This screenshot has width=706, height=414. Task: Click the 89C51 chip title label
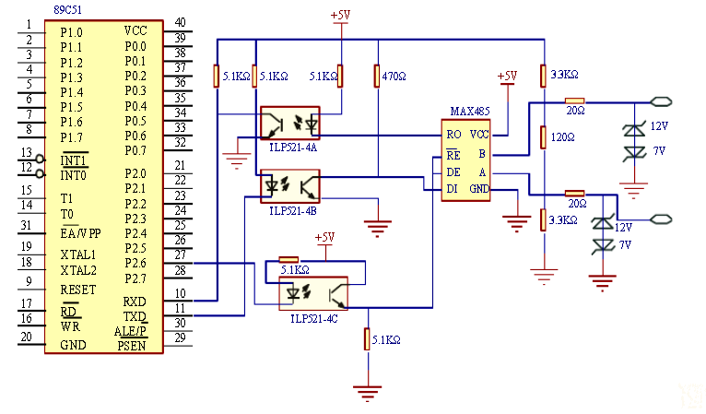(x=68, y=9)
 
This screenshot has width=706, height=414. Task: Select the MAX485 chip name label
(x=470, y=111)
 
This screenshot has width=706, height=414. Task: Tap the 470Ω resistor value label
(x=394, y=77)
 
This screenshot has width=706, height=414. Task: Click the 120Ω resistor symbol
(x=544, y=137)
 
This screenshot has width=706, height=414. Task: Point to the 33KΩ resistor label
(x=565, y=75)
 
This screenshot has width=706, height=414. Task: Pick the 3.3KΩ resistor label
(x=563, y=220)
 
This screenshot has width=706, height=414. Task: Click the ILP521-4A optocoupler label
(x=293, y=148)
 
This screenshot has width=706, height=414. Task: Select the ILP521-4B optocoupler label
(x=293, y=211)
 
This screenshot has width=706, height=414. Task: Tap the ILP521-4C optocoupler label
(x=313, y=318)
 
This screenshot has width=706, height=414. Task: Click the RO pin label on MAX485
(x=453, y=135)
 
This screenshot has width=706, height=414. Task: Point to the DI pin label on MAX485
(x=452, y=189)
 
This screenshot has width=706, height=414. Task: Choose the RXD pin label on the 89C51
(x=135, y=302)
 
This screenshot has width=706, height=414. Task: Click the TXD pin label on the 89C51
(x=135, y=316)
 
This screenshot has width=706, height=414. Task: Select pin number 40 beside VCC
(x=180, y=22)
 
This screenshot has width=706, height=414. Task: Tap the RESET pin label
(x=78, y=290)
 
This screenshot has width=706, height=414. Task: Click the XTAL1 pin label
(x=78, y=255)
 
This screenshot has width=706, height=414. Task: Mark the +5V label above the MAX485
(x=508, y=76)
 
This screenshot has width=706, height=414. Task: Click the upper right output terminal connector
(x=661, y=101)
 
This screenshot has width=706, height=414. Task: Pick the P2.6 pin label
(x=135, y=263)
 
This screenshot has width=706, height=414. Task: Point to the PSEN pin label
(x=132, y=346)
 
